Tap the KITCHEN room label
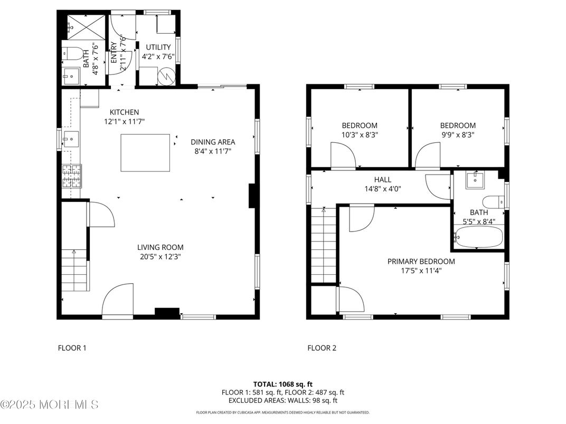tap(124, 112)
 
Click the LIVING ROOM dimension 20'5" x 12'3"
tap(161, 257)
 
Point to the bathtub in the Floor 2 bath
tap(478, 237)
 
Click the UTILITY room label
tap(158, 47)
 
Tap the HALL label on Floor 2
tap(382, 179)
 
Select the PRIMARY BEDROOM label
tap(421, 261)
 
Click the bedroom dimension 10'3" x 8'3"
tap(360, 134)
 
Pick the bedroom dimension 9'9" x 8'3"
tap(458, 134)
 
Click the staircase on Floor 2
tap(324, 245)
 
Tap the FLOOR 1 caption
tap(71, 348)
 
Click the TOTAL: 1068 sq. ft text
tap(282, 384)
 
